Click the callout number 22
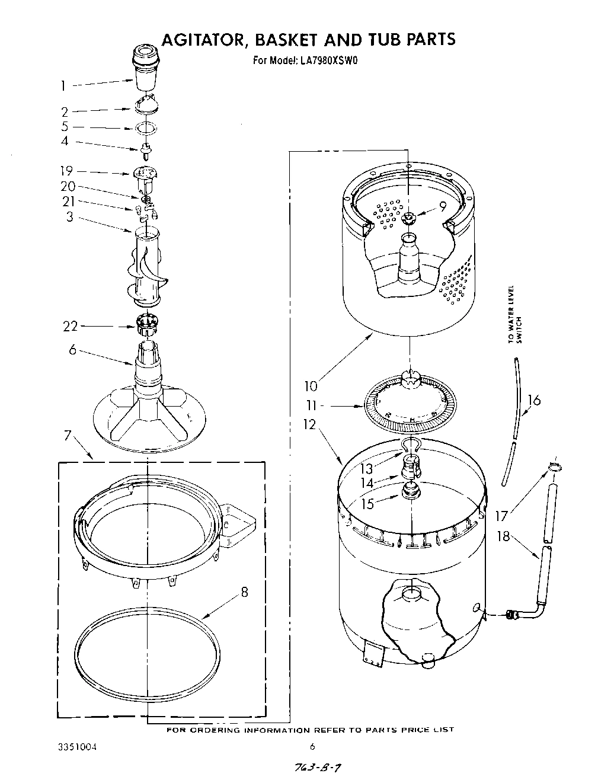[x=71, y=326]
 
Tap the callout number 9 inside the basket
[x=442, y=206]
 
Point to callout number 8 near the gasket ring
[x=244, y=592]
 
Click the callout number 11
[x=312, y=406]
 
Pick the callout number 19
[x=66, y=171]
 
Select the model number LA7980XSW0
[x=327, y=60]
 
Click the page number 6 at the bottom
[x=312, y=747]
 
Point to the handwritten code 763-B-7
[x=318, y=768]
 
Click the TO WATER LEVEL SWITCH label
[x=514, y=315]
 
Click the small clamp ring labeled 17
[x=554, y=468]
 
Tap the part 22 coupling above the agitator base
[x=146, y=324]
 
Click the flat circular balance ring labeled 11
[x=409, y=409]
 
